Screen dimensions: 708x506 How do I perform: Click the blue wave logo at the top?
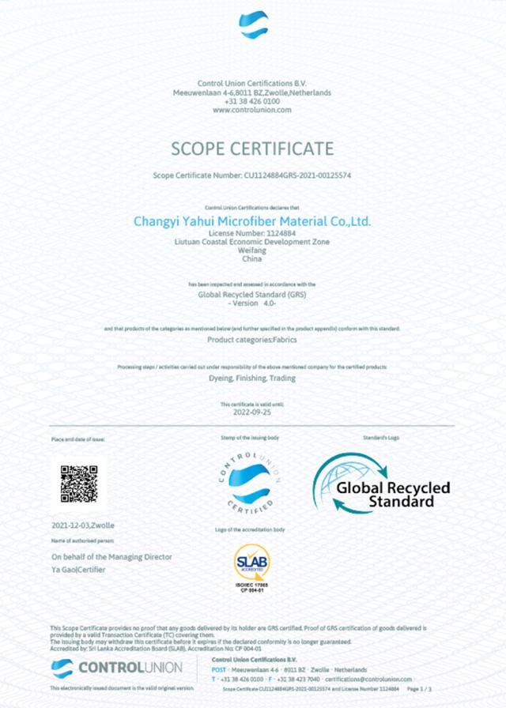pos(253,24)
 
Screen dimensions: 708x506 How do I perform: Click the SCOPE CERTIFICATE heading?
pos(252,149)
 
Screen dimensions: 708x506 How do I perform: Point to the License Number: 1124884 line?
pos(251,235)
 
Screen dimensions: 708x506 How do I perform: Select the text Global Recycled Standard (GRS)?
pos(251,294)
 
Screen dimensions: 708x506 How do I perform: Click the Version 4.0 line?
pos(251,303)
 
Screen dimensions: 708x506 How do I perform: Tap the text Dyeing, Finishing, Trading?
pos(251,379)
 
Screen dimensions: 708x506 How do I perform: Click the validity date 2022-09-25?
pos(251,412)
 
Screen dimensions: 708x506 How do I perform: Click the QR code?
pos(79,484)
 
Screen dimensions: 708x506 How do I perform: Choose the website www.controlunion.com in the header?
pos(252,110)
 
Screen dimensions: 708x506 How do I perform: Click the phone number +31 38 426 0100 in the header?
pos(252,101)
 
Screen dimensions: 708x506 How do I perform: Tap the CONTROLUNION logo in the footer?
pos(116,668)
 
